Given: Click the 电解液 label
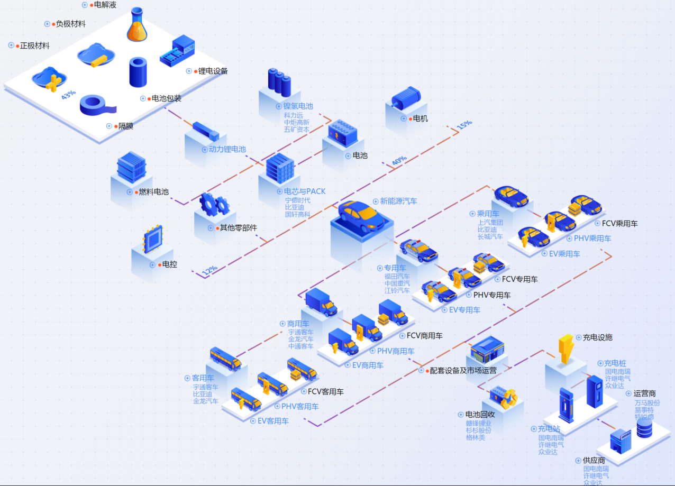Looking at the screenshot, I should pyautogui.click(x=105, y=5).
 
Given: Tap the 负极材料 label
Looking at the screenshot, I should pyautogui.click(x=71, y=24).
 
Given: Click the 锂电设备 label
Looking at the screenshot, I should pyautogui.click(x=213, y=71).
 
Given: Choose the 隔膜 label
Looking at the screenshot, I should pyautogui.click(x=125, y=126).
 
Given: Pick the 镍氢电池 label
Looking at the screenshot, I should pyautogui.click(x=298, y=106).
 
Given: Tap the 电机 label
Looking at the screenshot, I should pyautogui.click(x=420, y=118).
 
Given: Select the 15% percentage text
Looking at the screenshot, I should pyautogui.click(x=464, y=125).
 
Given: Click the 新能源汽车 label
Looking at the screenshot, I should pyautogui.click(x=398, y=201).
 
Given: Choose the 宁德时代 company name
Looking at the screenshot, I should pyautogui.click(x=298, y=200).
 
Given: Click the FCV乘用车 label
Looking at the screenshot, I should pyautogui.click(x=619, y=224).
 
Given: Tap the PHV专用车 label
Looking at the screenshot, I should pyautogui.click(x=492, y=295).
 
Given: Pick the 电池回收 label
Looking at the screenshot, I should pyautogui.click(x=480, y=414).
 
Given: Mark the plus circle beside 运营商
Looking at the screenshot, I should pyautogui.click(x=628, y=393).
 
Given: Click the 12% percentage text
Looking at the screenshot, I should pyautogui.click(x=209, y=270).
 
